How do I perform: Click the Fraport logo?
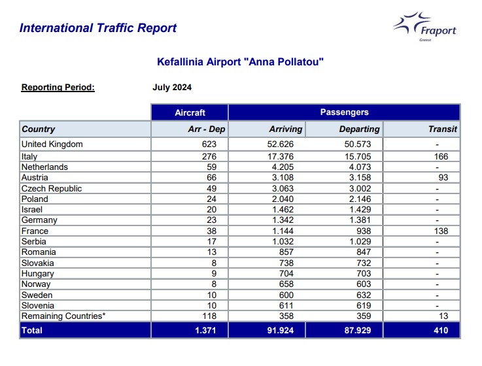(425, 26)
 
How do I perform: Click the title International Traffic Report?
(98, 28)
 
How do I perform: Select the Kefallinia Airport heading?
(240, 62)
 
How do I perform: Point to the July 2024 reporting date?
(172, 88)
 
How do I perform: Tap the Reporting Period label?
(58, 88)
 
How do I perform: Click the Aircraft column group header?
(190, 112)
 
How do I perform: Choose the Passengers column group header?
(344, 112)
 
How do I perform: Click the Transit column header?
(443, 129)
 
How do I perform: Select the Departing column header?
(359, 129)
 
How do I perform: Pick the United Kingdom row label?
(52, 144)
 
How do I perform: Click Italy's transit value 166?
(441, 156)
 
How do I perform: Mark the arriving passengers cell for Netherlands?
(283, 167)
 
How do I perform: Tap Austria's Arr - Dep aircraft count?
(211, 177)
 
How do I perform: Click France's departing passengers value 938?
(364, 231)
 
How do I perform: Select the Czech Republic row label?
(51, 188)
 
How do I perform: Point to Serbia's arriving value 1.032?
(283, 242)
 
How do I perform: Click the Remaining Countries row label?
(63, 316)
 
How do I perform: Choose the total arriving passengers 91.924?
(281, 330)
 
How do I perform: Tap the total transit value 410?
(441, 330)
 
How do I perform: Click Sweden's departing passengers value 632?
(364, 295)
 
